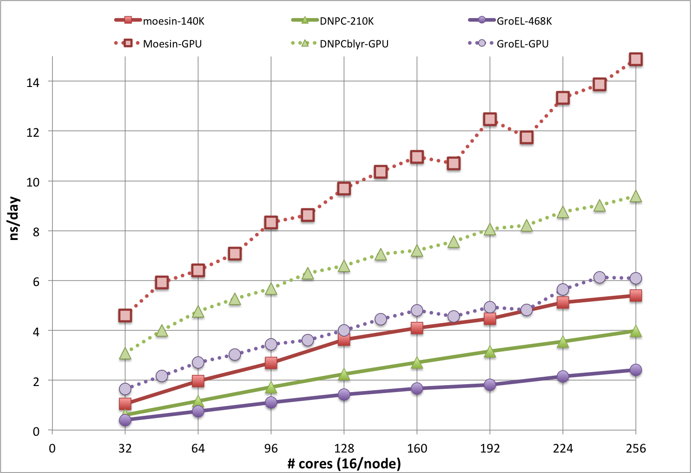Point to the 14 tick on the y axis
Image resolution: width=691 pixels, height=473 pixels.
(x=33, y=82)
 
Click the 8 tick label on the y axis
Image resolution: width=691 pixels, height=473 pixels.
(x=36, y=232)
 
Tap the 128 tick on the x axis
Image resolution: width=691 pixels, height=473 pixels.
(x=344, y=448)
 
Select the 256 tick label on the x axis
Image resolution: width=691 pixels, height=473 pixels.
(x=636, y=448)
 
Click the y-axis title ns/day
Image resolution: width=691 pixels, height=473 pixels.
(x=14, y=218)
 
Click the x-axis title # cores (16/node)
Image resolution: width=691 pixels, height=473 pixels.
(x=344, y=463)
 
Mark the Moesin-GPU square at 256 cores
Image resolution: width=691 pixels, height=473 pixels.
(x=636, y=59)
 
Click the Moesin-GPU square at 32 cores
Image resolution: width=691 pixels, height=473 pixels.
(x=125, y=315)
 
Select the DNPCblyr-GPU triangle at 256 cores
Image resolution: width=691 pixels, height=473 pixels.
(x=636, y=197)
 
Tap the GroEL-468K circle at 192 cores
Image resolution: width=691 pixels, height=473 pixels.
(x=490, y=385)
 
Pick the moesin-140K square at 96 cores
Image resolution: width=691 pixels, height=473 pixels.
(x=271, y=363)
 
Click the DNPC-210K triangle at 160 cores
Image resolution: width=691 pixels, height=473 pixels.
(x=417, y=363)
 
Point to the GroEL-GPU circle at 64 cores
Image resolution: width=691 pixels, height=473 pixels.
(x=198, y=362)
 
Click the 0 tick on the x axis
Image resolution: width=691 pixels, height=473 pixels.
(x=52, y=448)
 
